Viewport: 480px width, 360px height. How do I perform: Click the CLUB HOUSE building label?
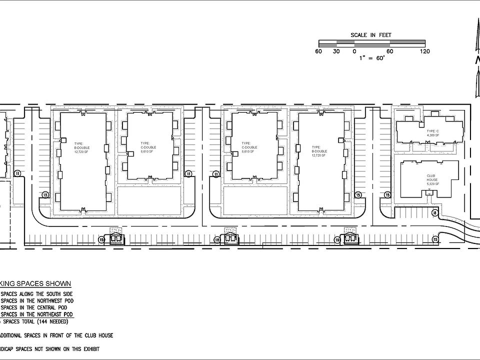pos(432,178)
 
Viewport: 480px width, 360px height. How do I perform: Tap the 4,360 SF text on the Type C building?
pos(433,135)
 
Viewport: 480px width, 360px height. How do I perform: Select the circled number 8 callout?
pos(435,213)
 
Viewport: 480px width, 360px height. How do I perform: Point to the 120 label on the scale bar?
pos(425,51)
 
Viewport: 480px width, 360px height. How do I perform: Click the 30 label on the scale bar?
pos(336,51)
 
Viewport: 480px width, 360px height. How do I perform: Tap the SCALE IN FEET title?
pos(371,35)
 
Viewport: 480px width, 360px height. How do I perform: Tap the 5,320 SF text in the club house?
pos(432,184)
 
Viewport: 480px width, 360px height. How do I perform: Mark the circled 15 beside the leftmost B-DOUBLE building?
pos(45,195)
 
